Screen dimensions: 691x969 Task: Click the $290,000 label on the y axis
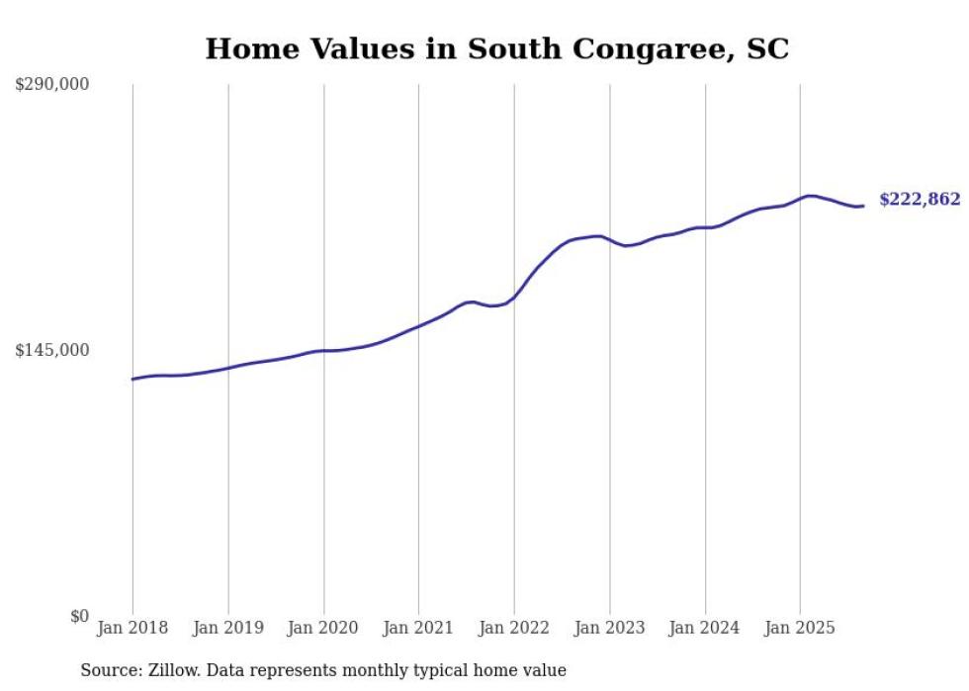point(52,85)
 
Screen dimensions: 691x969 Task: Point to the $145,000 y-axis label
point(52,350)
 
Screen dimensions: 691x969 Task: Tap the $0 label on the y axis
point(79,616)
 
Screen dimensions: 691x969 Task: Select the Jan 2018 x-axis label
point(132,628)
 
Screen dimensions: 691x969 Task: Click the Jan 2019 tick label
point(228,628)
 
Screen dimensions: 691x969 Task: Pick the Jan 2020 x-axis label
point(323,628)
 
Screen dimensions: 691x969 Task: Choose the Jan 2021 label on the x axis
point(418,628)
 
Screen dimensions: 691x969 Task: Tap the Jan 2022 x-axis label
point(514,628)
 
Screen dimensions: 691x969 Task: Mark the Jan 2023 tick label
point(610,628)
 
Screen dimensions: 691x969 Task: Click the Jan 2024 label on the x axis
point(705,628)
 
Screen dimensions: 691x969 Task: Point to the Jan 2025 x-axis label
point(800,628)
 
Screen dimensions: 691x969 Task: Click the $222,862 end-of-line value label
point(920,200)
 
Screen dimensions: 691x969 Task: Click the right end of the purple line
point(863,206)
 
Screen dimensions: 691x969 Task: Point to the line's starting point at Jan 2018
point(132,379)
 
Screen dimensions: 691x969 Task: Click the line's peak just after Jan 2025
point(810,196)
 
